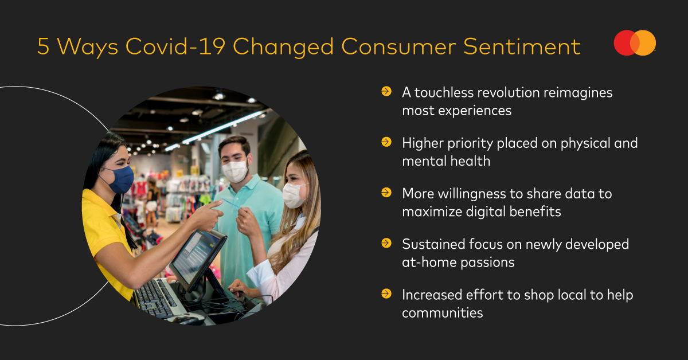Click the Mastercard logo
635,42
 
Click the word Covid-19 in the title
175,46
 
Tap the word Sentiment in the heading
522,46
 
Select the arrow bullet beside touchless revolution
386,91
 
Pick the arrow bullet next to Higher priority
386,142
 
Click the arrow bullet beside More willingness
386,193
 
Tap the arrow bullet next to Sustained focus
386,243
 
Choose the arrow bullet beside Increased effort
386,294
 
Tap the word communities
442,313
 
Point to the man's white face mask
235,170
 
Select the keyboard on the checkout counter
157,298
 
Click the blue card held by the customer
231,204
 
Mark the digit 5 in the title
44,46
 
